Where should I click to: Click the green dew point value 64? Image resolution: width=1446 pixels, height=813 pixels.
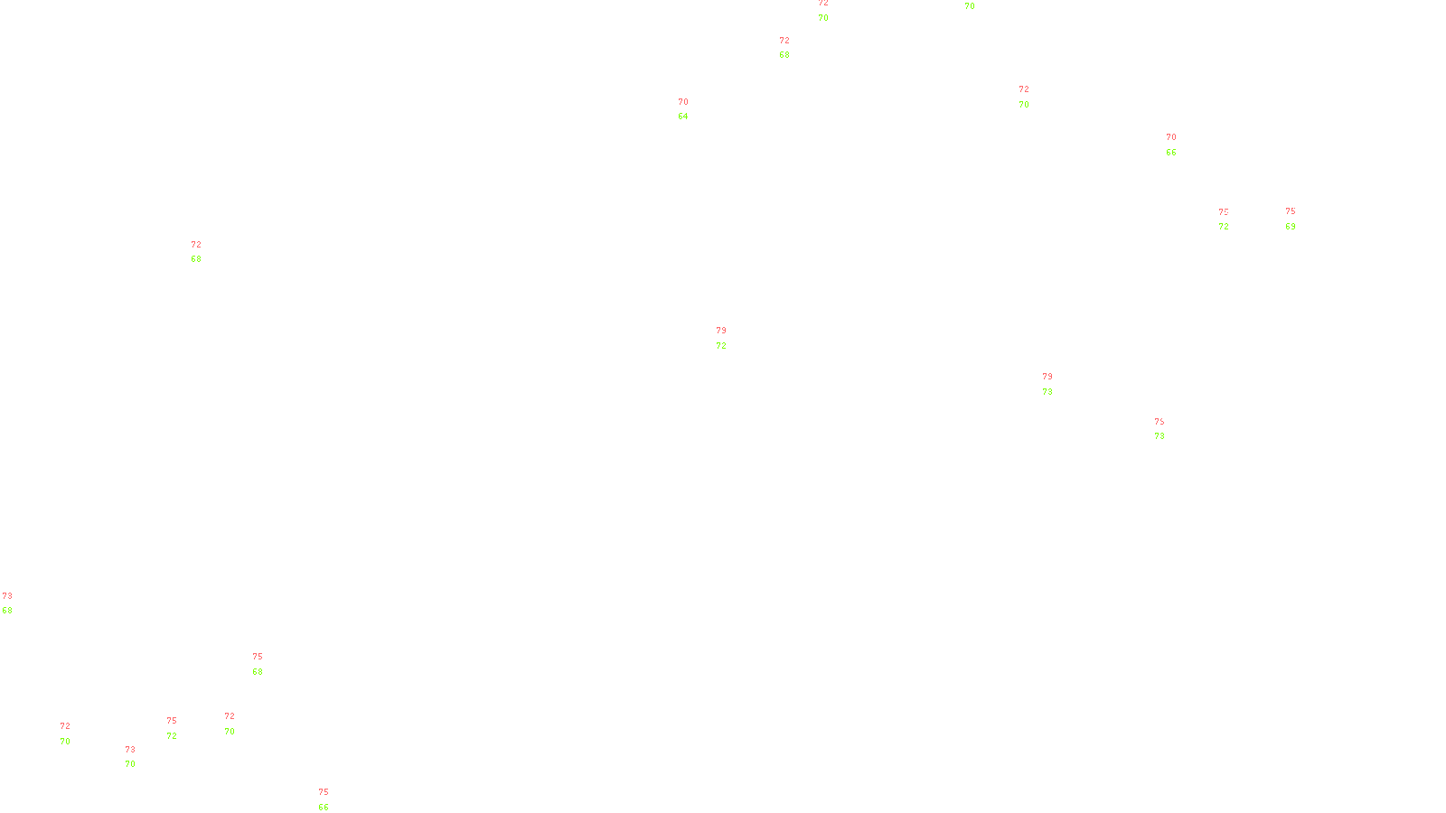[683, 117]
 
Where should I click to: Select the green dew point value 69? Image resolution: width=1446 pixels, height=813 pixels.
[1291, 227]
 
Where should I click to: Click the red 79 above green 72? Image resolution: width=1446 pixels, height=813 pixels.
[721, 331]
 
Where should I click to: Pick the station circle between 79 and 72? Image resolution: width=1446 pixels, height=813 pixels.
[730, 338]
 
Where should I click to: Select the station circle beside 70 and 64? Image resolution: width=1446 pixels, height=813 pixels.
[692, 109]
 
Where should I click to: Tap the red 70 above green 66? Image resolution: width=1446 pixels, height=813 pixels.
[1171, 137]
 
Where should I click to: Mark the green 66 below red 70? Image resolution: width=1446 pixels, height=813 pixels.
[1171, 153]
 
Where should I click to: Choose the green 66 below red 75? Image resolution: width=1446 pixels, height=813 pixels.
[324, 808]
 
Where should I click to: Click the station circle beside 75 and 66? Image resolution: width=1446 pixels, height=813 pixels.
[332, 800]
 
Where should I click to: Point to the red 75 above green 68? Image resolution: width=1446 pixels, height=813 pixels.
[258, 657]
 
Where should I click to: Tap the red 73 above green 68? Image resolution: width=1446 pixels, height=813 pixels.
[7, 596]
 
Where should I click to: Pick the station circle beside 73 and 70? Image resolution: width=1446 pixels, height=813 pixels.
[139, 757]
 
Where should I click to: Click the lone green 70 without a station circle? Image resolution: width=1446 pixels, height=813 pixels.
[970, 6]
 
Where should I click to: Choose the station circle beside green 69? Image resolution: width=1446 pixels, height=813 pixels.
[1299, 219]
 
